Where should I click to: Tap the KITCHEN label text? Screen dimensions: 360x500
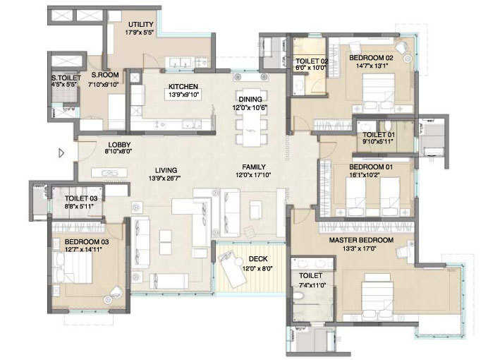tap(181, 87)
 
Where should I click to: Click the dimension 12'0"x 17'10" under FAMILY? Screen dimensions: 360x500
tap(253, 175)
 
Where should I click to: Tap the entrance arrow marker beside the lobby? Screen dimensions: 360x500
tap(61, 152)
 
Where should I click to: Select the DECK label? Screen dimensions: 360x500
tap(257, 259)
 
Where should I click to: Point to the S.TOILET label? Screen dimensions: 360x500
tap(65, 78)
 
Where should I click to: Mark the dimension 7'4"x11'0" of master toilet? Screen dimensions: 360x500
tap(310, 284)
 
